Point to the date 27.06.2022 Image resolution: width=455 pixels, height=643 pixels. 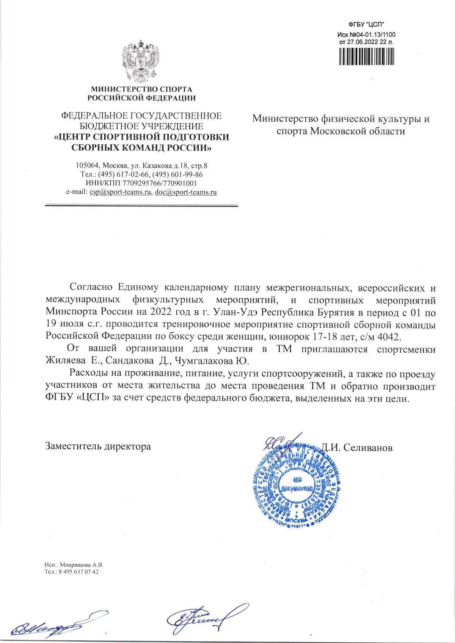tap(360, 42)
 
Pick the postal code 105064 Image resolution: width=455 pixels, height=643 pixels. tap(88, 166)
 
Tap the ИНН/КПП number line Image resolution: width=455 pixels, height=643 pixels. tap(142, 183)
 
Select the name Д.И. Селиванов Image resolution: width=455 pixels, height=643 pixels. tap(357, 447)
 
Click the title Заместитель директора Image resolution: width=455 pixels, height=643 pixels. tap(98, 446)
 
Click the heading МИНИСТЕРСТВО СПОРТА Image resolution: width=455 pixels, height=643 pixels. tap(141, 90)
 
